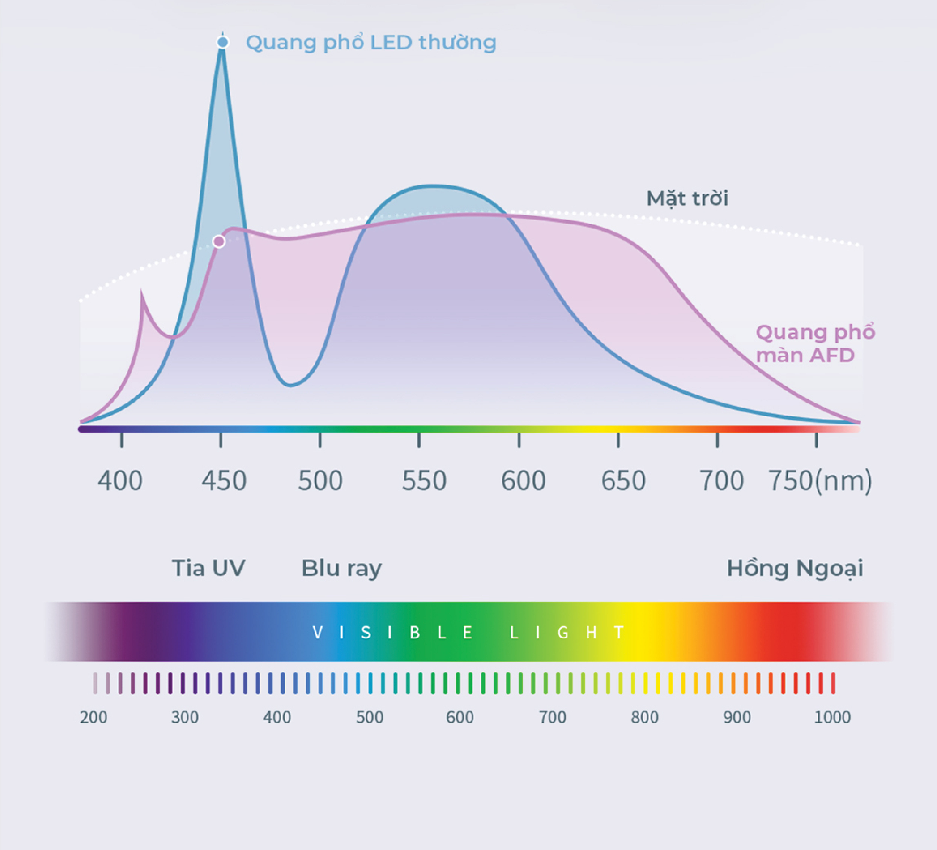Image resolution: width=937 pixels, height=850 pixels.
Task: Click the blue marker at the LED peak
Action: [x=223, y=42]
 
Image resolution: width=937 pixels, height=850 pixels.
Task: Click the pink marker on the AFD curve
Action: [x=219, y=241]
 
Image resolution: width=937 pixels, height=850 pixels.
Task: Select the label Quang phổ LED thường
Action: [x=371, y=43]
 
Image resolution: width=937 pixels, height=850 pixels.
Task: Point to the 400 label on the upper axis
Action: [x=120, y=481]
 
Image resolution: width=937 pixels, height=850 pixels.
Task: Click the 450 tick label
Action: [x=224, y=481]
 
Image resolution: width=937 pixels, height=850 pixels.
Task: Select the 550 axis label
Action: [x=424, y=481]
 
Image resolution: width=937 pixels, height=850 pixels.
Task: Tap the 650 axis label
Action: [x=623, y=481]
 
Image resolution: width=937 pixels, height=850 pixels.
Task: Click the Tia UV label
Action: [x=208, y=568]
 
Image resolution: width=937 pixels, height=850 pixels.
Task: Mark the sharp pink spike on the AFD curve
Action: [x=142, y=292]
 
